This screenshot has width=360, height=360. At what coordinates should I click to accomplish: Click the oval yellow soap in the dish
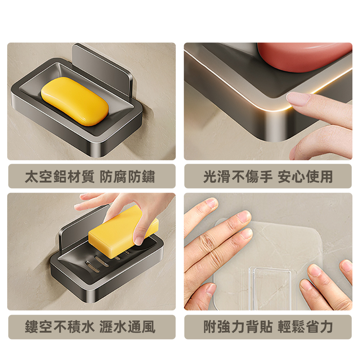click(x=75, y=101)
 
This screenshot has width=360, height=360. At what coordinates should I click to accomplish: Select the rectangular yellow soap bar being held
click(x=123, y=232)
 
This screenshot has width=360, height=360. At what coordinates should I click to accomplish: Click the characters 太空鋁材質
click(x=60, y=176)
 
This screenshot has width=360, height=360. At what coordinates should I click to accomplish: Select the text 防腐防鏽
click(x=127, y=176)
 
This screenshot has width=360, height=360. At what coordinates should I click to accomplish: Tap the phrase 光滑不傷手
click(x=238, y=176)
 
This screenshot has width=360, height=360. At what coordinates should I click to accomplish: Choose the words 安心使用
click(x=305, y=176)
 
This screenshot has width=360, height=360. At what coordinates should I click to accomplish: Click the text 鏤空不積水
click(x=60, y=327)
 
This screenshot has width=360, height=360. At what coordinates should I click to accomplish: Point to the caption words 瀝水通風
click(x=127, y=327)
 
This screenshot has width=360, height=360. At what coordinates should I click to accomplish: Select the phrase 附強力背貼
click(x=238, y=327)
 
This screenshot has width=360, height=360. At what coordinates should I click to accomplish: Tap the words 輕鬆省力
click(x=305, y=327)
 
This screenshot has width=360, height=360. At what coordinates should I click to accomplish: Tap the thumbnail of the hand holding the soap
click(x=139, y=240)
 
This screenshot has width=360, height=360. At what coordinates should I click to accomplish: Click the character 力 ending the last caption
click(x=326, y=327)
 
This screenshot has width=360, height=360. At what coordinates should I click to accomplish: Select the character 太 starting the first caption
click(x=32, y=176)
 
